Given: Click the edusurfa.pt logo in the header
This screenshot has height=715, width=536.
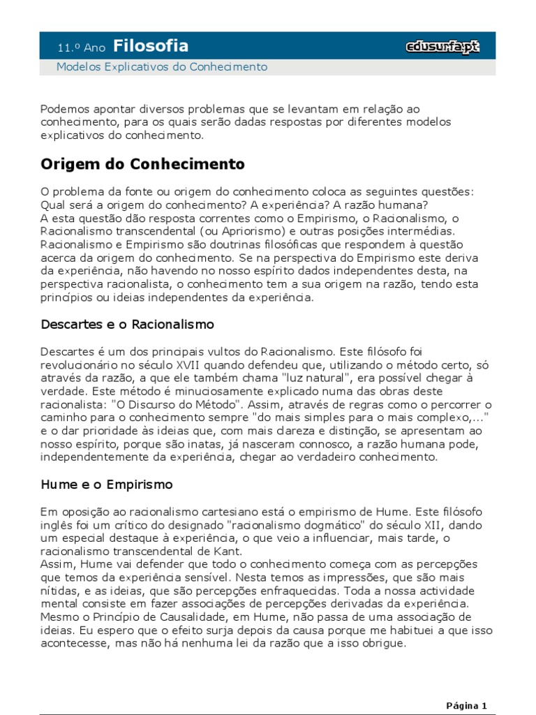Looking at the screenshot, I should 442,47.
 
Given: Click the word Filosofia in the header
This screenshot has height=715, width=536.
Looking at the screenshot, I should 151,46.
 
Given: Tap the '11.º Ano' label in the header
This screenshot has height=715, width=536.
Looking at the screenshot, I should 81,48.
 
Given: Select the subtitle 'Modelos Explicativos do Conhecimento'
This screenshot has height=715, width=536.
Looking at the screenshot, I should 162,67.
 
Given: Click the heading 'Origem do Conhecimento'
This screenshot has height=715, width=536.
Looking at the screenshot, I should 143,164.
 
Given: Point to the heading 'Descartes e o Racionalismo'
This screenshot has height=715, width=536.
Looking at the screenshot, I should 127,325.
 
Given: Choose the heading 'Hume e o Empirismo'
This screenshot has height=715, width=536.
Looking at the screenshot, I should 107,484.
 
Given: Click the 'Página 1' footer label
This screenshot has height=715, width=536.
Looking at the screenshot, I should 466,705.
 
